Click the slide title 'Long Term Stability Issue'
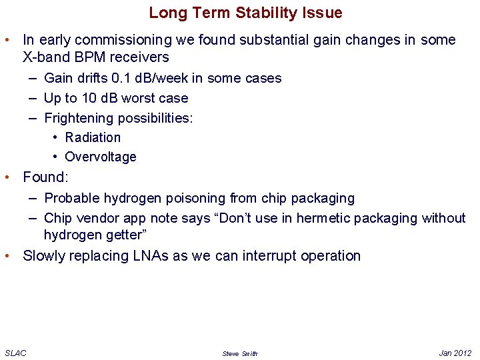[x=245, y=13]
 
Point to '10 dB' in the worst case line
[x=99, y=98]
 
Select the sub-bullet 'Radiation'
[x=93, y=137]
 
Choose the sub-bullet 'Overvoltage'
[x=100, y=157]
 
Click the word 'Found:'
[x=45, y=177]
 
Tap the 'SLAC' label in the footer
[x=15, y=353]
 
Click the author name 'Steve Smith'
[x=239, y=353]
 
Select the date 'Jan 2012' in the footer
[x=455, y=353]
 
